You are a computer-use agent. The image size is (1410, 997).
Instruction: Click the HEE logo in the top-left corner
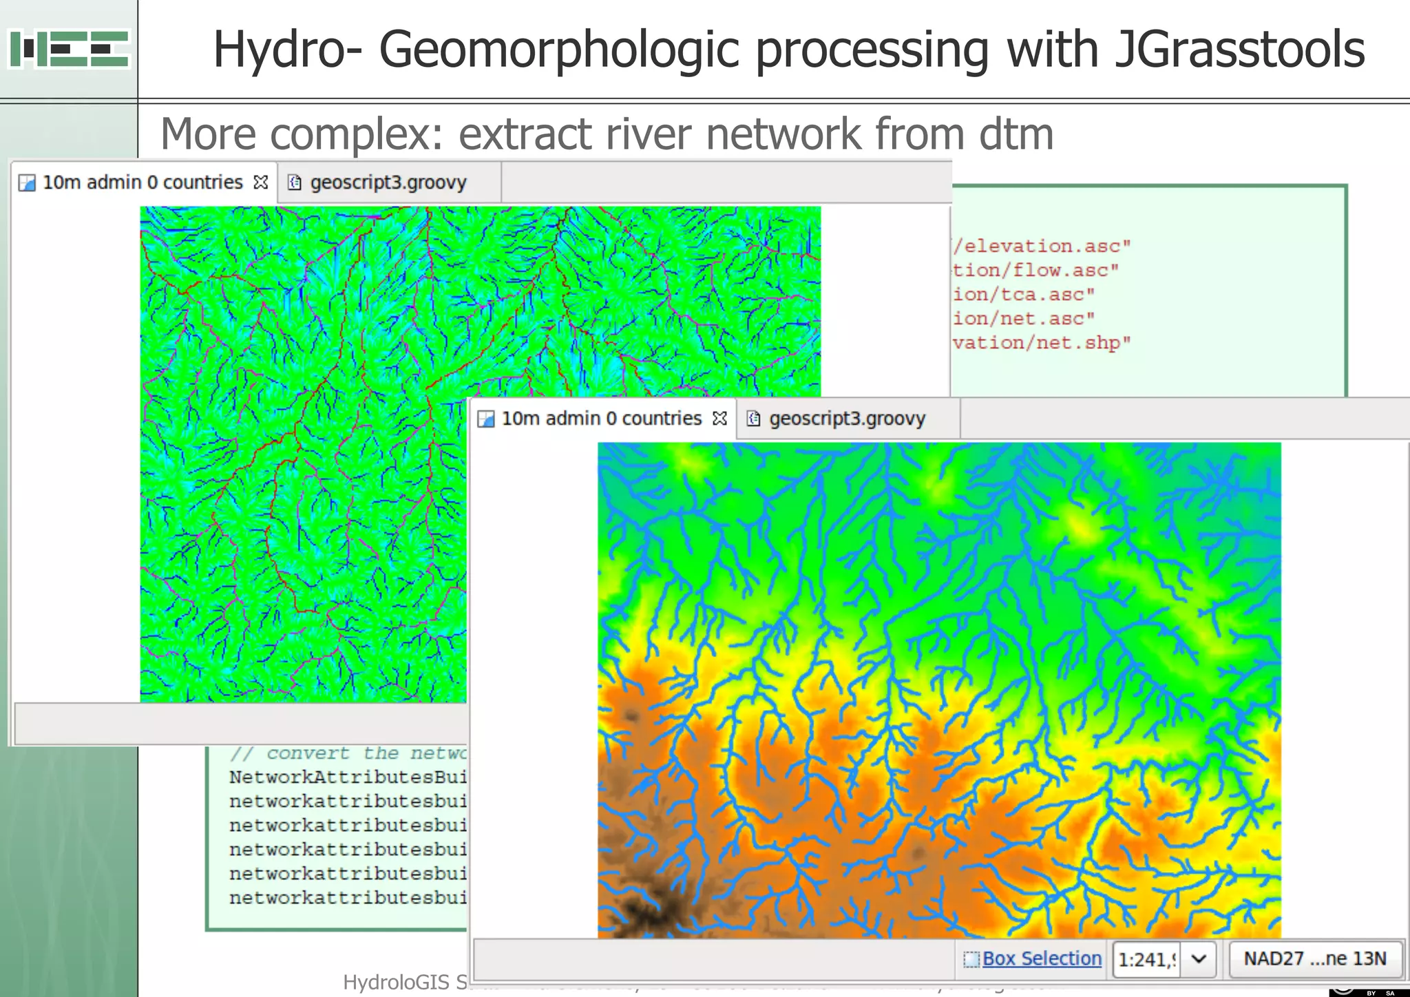point(69,48)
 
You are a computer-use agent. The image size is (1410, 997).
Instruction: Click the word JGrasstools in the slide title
point(1239,50)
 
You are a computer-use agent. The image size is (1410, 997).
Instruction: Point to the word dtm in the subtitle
point(1016,134)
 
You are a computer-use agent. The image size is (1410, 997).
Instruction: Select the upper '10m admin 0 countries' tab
point(142,182)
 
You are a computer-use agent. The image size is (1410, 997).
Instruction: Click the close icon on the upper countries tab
point(261,182)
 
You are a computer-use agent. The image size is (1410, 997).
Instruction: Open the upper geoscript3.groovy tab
point(388,182)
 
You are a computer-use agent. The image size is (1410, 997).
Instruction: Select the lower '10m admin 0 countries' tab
point(600,419)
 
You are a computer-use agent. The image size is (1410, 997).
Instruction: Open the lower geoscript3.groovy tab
point(847,419)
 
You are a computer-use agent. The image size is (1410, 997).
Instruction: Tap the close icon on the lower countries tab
point(719,419)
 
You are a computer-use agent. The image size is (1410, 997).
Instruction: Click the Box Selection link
point(1041,958)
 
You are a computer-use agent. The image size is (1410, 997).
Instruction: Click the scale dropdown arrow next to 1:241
point(1199,958)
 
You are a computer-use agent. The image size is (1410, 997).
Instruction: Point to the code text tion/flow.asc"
point(1036,270)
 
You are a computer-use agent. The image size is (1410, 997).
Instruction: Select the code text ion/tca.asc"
point(1024,294)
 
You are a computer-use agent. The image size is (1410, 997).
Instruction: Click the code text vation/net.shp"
point(1042,342)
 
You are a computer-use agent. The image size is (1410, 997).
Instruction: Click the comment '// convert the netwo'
point(348,753)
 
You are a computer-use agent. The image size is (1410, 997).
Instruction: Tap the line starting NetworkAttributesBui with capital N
point(348,777)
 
